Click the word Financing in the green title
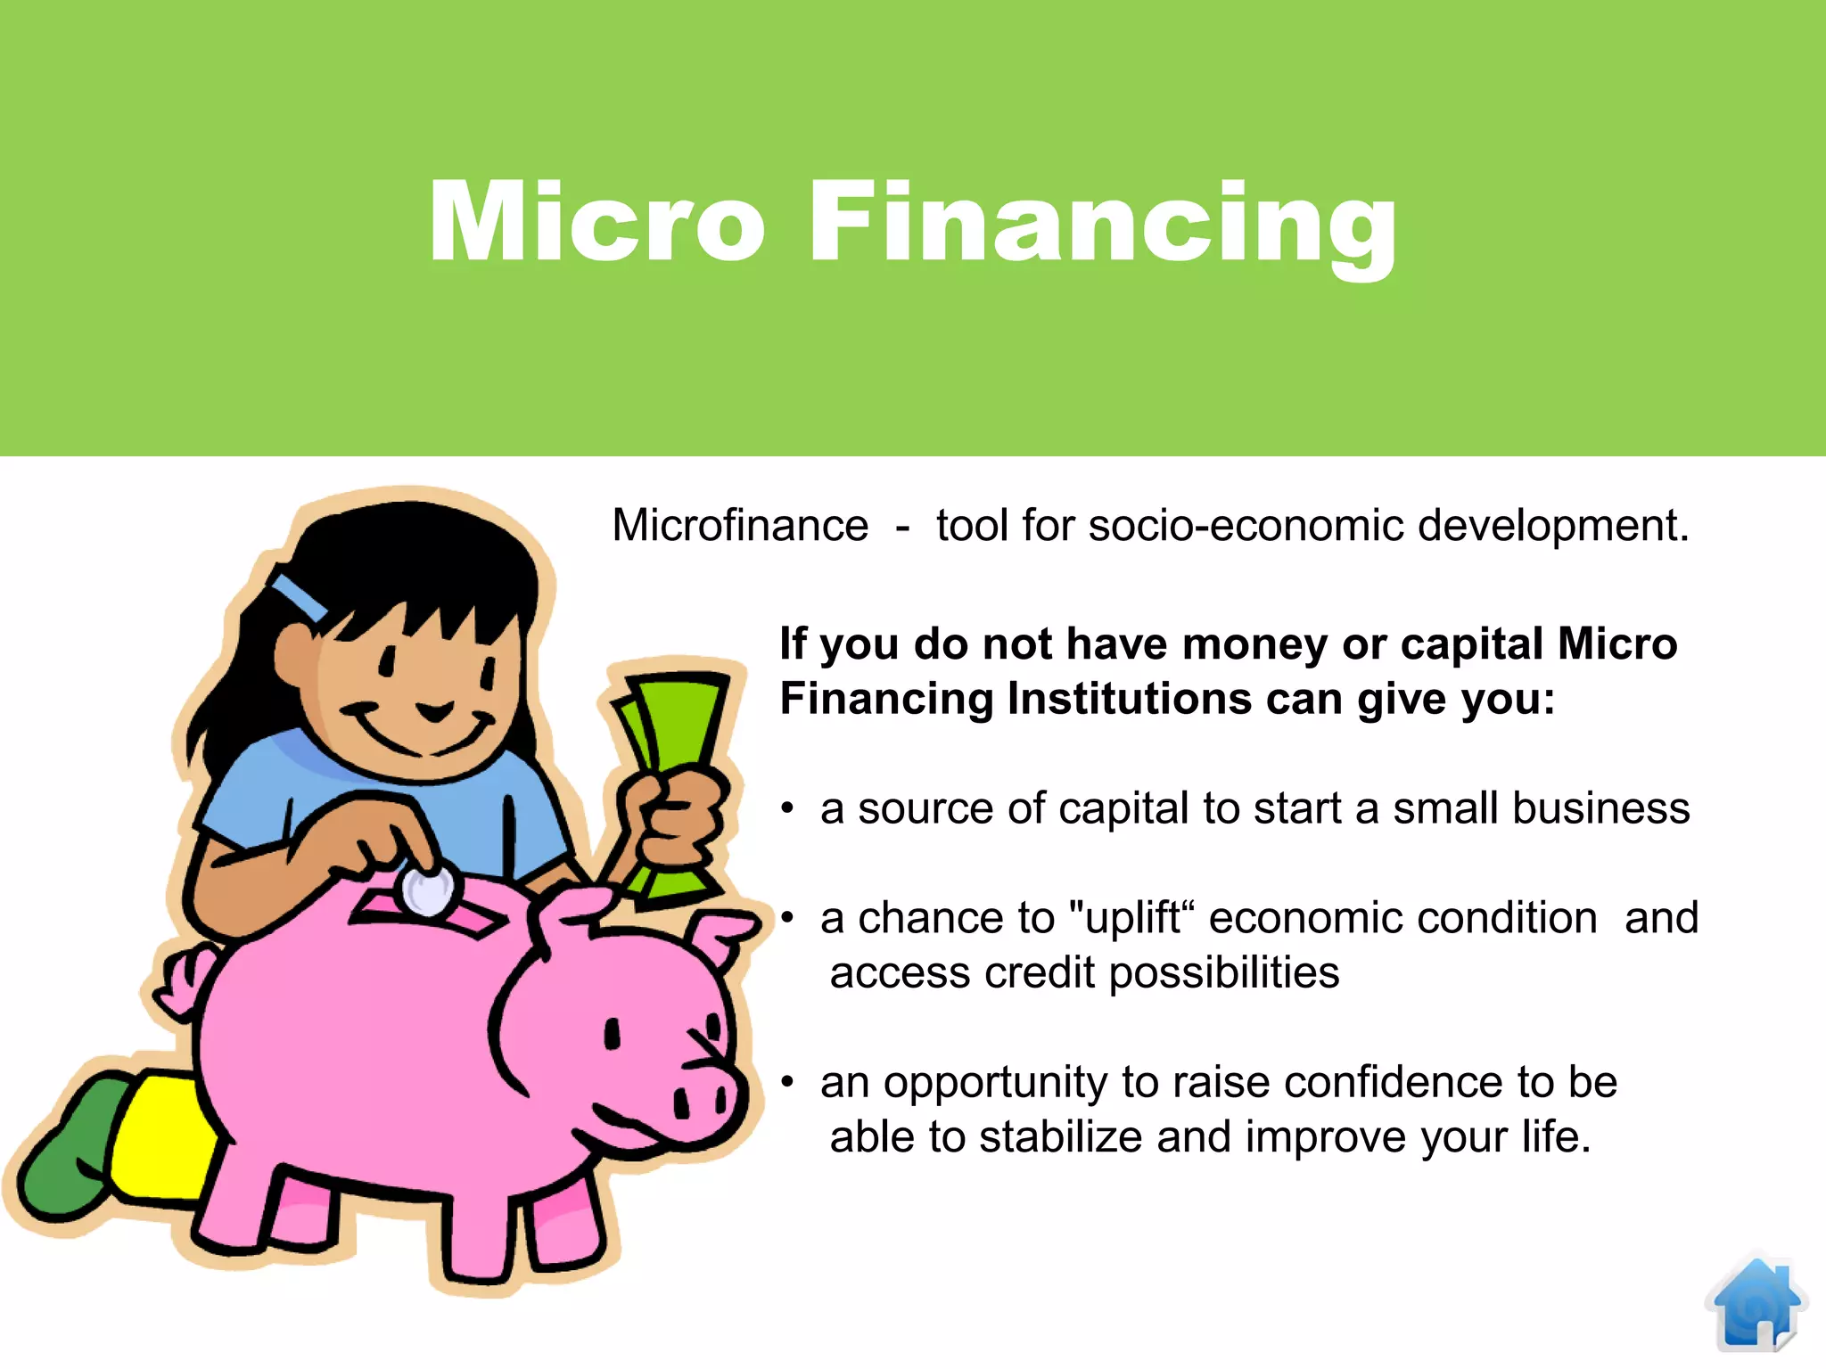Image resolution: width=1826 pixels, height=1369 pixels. coord(1102,223)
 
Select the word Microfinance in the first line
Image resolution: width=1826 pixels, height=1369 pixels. coord(740,526)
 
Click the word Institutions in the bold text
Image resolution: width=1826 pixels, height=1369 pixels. coord(1129,699)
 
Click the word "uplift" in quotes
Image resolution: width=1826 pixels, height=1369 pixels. coord(1131,918)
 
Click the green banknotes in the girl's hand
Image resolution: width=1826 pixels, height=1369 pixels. coord(678,722)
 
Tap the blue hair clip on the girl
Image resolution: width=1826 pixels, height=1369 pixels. coord(300,596)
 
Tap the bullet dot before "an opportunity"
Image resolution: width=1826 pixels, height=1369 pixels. coord(787,1082)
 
